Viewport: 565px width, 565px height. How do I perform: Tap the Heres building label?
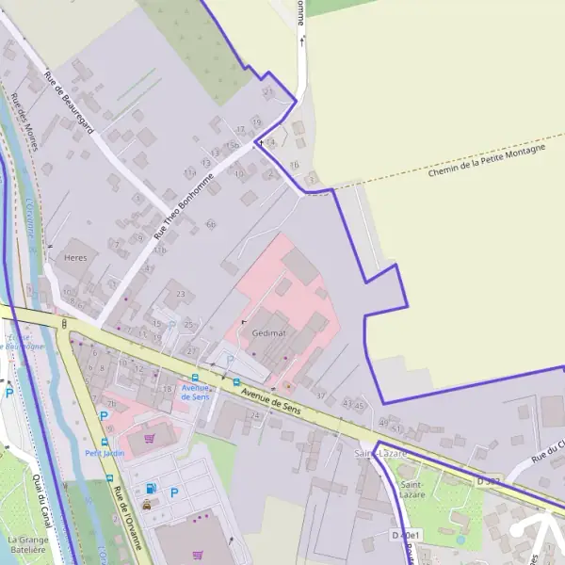tap(75, 256)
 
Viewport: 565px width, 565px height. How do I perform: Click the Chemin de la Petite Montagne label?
tap(486, 159)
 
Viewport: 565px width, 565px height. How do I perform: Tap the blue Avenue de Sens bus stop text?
tap(195, 392)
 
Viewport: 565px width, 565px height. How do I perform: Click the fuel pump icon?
tap(153, 489)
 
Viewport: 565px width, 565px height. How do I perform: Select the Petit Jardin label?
tap(105, 452)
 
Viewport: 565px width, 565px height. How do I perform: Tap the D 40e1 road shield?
tap(405, 535)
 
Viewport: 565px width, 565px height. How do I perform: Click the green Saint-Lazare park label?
tap(412, 490)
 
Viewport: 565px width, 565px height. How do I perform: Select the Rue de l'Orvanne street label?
tap(127, 518)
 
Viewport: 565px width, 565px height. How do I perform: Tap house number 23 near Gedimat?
tap(181, 295)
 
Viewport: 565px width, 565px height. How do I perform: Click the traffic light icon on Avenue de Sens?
tap(64, 324)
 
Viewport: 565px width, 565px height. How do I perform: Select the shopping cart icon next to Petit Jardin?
tap(149, 438)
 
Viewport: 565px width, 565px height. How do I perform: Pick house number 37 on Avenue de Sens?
tap(320, 395)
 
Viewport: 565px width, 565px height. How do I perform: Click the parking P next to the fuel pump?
tap(174, 492)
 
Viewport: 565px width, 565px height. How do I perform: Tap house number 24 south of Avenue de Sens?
tap(254, 415)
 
